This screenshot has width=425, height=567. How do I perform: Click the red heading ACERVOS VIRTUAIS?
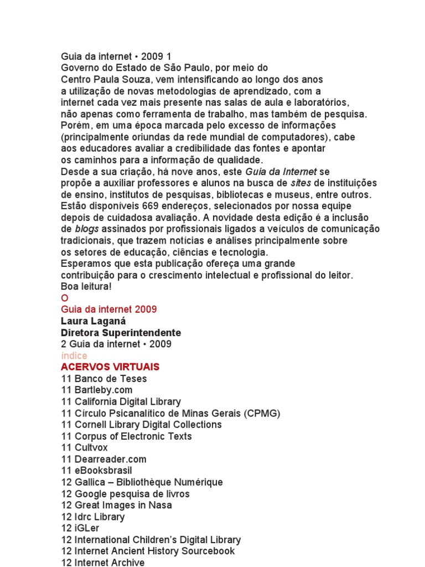[x=110, y=367]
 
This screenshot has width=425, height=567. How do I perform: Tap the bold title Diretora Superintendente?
[x=121, y=333]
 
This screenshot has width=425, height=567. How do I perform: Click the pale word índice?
[x=74, y=355]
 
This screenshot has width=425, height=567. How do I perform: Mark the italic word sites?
[x=300, y=183]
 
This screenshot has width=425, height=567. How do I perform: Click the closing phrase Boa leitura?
[x=86, y=287]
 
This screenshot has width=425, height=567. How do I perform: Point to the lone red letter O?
[x=64, y=298]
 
